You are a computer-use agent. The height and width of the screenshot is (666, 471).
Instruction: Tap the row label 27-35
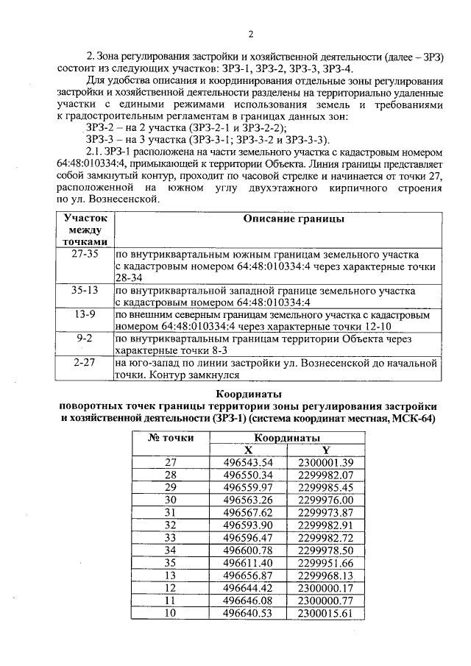(x=85, y=252)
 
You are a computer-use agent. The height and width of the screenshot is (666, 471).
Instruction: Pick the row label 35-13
(x=85, y=290)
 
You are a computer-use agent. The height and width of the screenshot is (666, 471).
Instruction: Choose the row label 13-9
(x=85, y=315)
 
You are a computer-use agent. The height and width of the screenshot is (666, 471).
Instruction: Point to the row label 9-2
(x=85, y=339)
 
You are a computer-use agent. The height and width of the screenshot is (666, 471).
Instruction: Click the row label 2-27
(x=85, y=364)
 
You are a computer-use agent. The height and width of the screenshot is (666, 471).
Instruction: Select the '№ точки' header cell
(x=171, y=437)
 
